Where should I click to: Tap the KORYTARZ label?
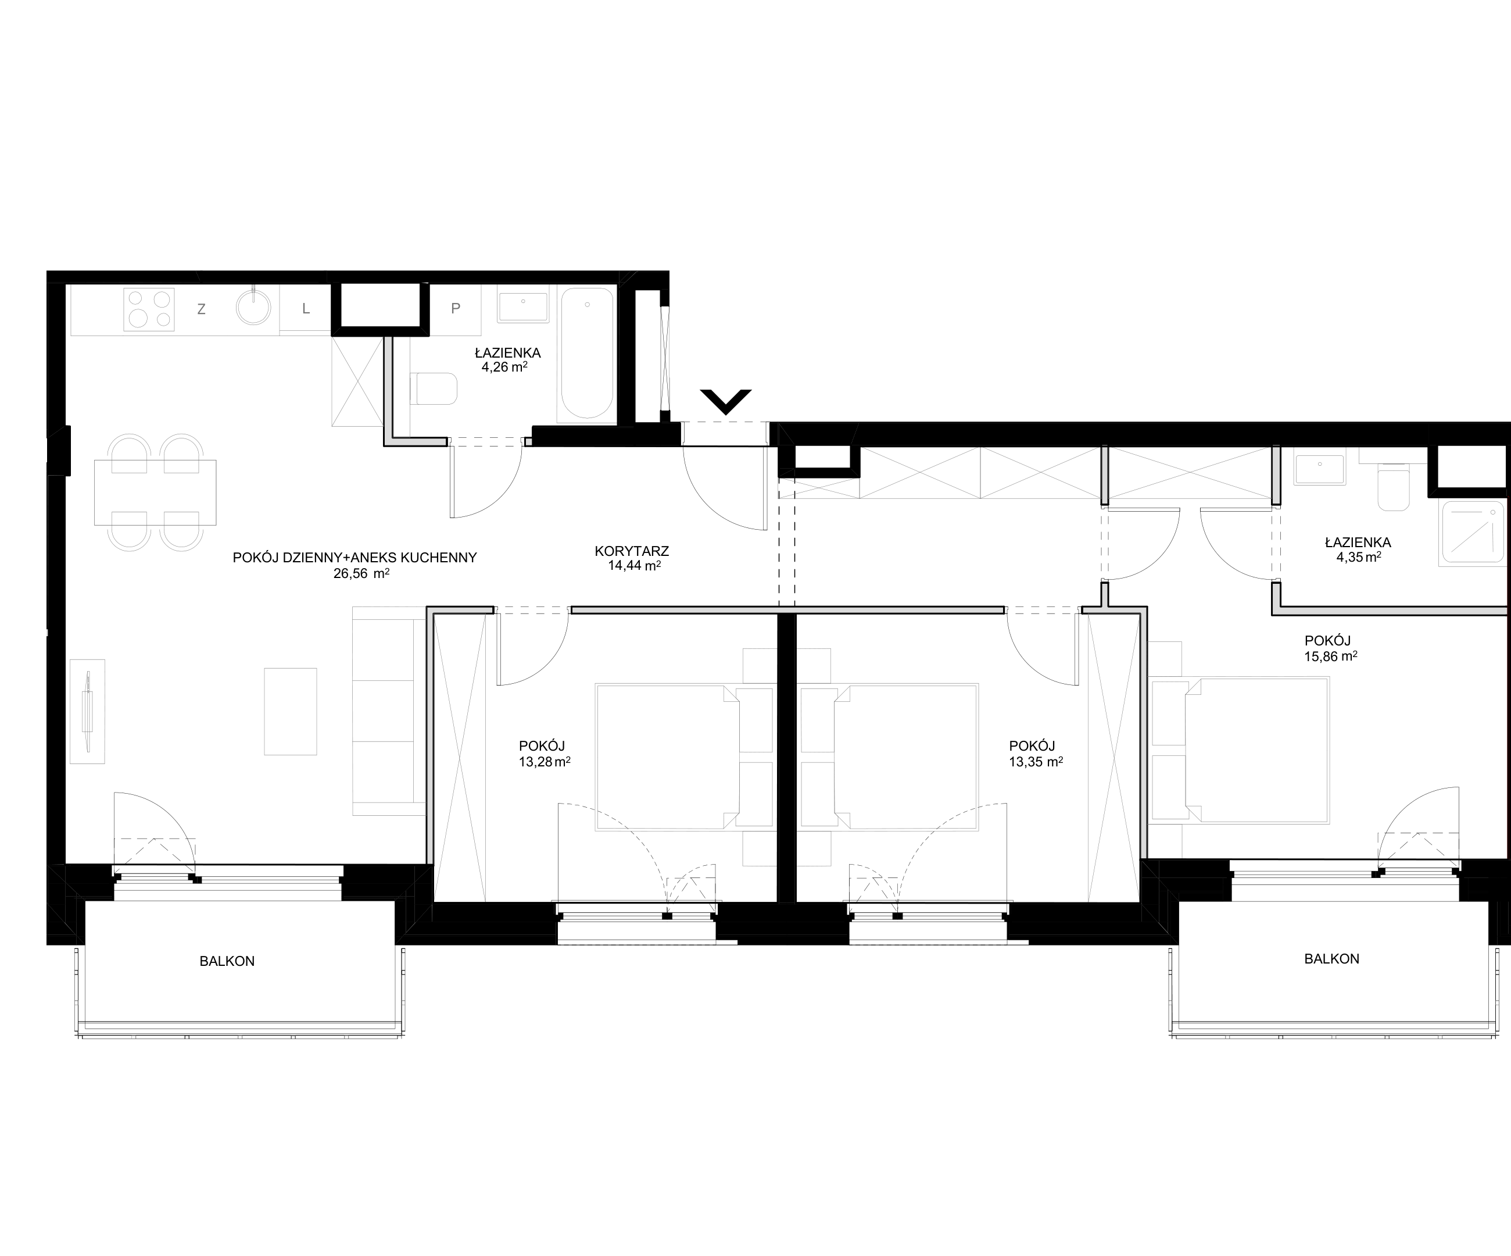click(632, 551)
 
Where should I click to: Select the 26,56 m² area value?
click(361, 574)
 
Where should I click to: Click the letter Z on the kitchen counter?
click(202, 309)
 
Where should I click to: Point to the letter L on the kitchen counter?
click(306, 309)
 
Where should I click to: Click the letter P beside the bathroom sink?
click(456, 309)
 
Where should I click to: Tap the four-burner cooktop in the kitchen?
click(149, 309)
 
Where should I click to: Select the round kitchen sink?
click(254, 308)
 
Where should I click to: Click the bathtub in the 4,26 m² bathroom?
click(587, 354)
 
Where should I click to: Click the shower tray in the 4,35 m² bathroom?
click(1472, 532)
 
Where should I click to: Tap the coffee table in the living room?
click(291, 711)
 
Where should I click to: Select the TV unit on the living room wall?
click(87, 711)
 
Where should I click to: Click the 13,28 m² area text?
click(545, 762)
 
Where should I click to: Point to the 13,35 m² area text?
click(1036, 762)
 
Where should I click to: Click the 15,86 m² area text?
click(1330, 656)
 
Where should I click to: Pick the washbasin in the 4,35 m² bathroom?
click(1320, 470)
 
